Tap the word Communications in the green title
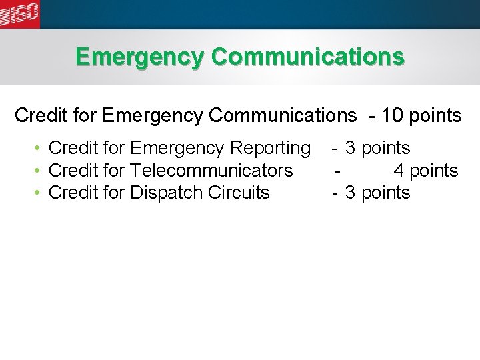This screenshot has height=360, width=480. click(307, 57)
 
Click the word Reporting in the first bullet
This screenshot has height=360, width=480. click(269, 148)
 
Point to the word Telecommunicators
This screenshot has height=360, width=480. click(211, 171)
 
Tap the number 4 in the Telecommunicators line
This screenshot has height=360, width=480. click(399, 171)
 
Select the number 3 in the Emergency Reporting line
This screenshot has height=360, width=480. click(350, 148)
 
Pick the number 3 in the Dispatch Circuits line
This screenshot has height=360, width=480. click(350, 193)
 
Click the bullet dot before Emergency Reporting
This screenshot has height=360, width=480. click(41, 148)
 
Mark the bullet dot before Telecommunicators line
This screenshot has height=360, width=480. click(41, 171)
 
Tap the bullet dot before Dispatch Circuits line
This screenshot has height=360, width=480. click(41, 193)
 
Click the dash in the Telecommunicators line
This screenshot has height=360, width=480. click(339, 171)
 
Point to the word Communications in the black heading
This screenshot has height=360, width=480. click(283, 116)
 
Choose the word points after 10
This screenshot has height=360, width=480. click(434, 116)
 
